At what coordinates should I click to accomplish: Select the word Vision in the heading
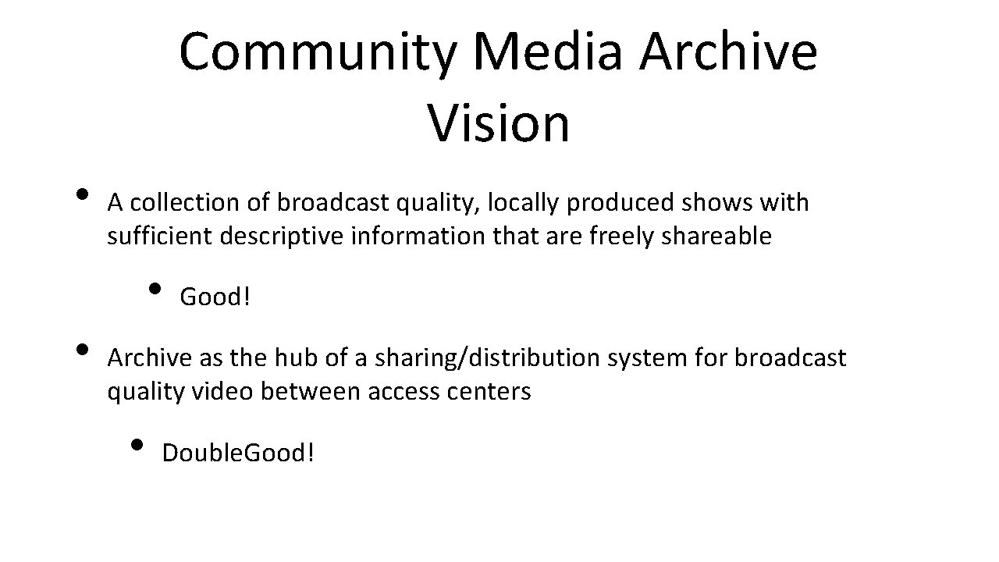[x=499, y=123]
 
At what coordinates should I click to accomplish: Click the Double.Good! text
[x=238, y=452]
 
